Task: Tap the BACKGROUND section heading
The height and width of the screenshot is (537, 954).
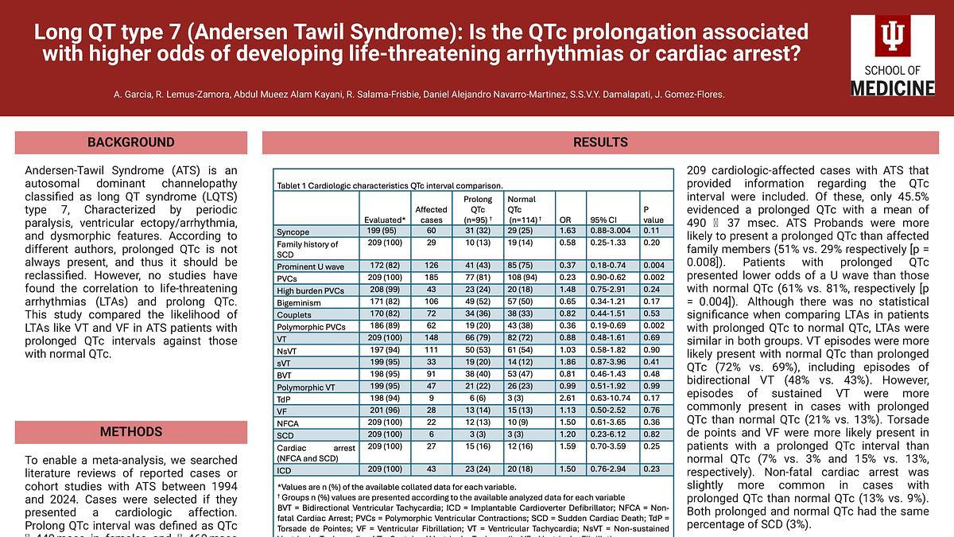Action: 131,143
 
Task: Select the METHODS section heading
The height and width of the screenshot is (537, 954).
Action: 131,433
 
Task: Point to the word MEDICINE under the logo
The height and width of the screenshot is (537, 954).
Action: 893,88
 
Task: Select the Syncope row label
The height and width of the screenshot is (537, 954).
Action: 293,232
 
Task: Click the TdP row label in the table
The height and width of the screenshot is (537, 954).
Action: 285,398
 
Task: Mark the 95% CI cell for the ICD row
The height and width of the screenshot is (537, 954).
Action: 607,469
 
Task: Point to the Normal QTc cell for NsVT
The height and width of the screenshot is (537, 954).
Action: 521,351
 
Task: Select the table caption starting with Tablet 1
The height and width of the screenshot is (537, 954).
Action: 390,185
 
